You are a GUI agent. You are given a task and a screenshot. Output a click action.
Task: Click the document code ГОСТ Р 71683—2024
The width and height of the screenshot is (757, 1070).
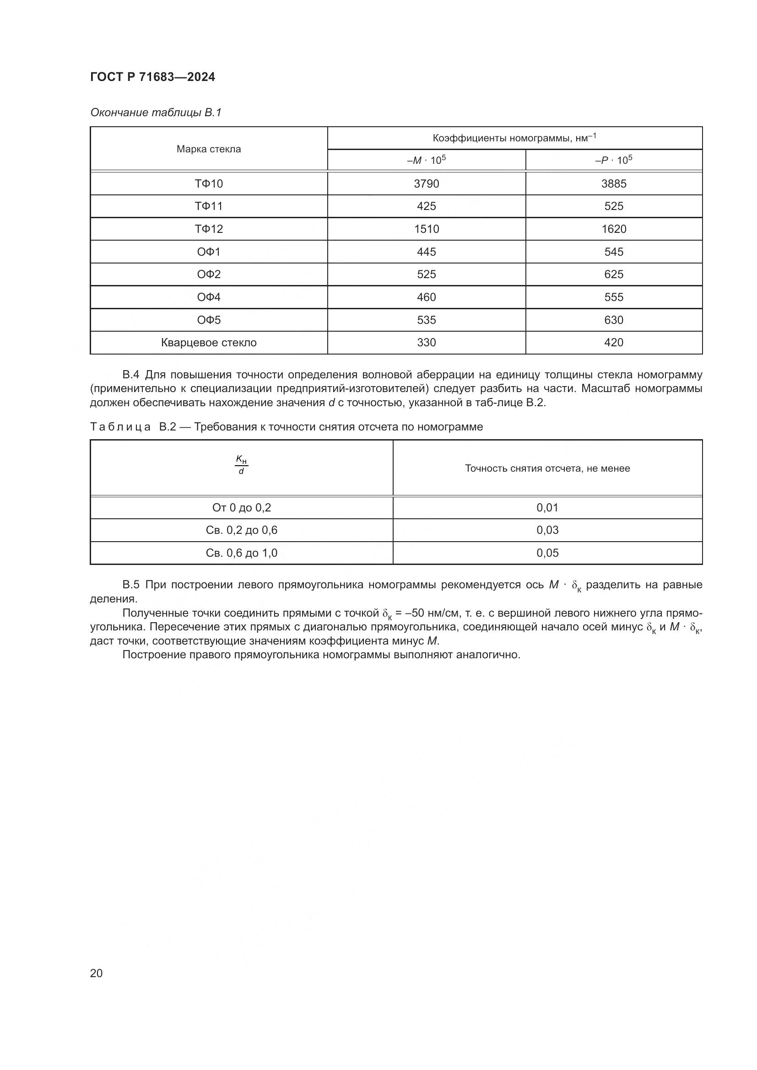coord(152,77)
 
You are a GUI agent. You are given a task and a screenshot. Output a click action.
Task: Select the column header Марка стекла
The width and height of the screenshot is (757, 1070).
coord(208,149)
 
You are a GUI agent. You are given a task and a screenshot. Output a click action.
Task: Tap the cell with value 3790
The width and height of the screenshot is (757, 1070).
coord(426,183)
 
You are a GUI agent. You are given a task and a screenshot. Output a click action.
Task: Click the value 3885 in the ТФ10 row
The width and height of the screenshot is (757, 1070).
coord(613,183)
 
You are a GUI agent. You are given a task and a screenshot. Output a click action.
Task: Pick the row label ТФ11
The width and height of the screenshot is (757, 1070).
coord(208,206)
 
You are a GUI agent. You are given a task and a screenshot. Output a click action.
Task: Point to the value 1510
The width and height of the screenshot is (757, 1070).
coord(426,229)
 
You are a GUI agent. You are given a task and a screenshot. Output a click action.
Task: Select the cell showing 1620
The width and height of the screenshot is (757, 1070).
coord(613,229)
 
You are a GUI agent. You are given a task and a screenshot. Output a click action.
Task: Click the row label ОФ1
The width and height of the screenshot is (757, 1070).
coord(208,252)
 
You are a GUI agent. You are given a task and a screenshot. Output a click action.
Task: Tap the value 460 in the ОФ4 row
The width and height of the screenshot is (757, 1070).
coord(426,297)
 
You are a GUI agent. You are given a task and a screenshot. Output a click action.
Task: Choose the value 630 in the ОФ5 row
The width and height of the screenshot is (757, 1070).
coord(613,320)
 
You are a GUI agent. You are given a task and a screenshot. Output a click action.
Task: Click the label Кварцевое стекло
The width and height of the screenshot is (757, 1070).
coord(208,343)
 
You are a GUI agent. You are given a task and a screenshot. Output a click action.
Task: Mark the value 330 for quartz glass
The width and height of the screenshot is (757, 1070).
coord(426,343)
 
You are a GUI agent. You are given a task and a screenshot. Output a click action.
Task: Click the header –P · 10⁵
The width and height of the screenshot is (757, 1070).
coord(613,160)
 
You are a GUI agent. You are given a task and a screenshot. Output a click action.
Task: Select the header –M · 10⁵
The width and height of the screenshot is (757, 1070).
coord(426,160)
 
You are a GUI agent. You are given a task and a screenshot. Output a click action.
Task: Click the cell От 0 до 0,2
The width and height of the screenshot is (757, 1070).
coord(241,507)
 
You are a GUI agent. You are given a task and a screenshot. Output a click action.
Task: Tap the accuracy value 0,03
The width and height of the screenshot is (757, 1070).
coord(547,530)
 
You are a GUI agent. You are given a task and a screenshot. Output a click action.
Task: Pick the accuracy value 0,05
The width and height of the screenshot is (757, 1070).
coord(547,553)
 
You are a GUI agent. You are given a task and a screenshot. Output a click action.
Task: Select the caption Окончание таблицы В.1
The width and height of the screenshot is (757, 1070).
coord(156,113)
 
